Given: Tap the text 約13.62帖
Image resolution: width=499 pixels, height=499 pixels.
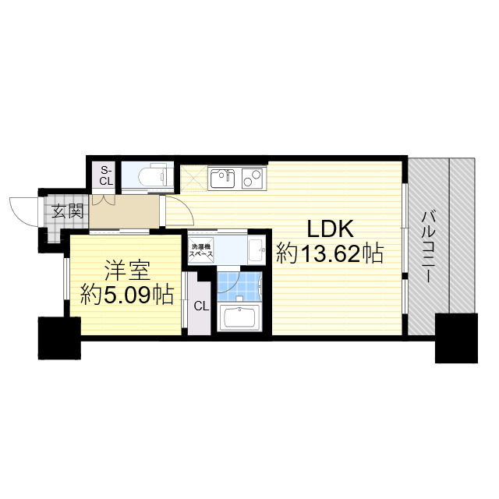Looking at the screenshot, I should (x=331, y=253).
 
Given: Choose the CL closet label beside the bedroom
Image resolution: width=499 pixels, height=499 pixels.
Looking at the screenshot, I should (x=200, y=306).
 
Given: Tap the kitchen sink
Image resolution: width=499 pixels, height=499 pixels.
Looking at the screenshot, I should (x=223, y=177).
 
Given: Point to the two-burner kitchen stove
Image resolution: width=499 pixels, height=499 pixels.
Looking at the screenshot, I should (x=252, y=178).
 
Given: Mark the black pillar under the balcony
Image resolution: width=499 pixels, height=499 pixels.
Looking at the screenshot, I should (x=455, y=337).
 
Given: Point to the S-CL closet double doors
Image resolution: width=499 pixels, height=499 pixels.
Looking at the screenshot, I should (x=104, y=198).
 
